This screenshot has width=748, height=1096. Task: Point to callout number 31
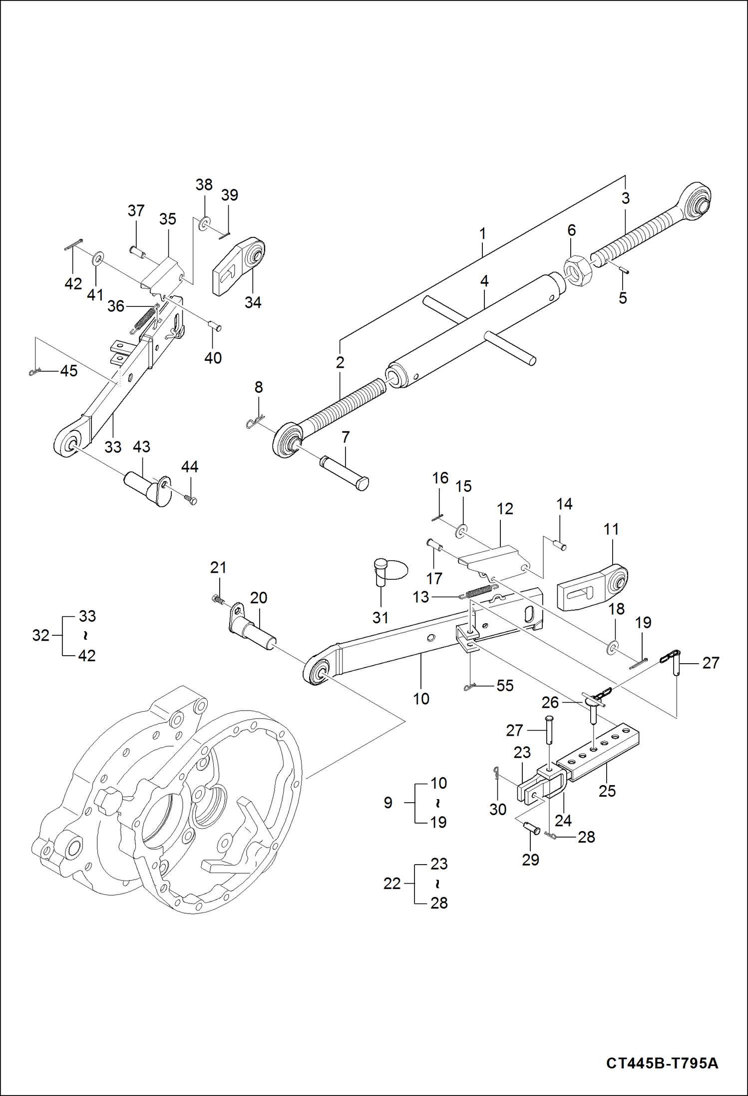point(380,618)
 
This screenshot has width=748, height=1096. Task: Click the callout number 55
point(505,685)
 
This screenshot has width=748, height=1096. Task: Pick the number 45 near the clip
point(69,370)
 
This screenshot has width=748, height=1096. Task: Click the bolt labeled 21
point(217,599)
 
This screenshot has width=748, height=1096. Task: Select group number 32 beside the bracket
point(40,635)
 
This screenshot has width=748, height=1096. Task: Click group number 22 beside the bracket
point(392,883)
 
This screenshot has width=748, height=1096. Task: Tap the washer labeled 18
point(612,649)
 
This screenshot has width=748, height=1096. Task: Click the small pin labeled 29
point(531,829)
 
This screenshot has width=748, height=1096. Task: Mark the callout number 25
point(607,791)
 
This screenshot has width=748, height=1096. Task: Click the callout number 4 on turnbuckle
point(484,281)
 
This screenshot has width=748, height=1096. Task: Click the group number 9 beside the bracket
point(388,803)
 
